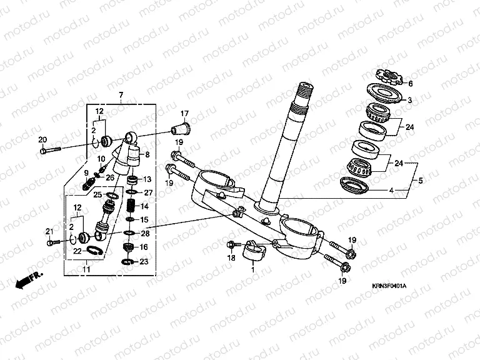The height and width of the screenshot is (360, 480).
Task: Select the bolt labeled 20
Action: [x=51, y=150]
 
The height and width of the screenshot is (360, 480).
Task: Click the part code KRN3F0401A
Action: [x=388, y=286]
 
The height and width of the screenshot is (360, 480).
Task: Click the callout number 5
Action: [x=421, y=181]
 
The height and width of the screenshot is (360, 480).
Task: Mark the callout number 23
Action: [x=144, y=262]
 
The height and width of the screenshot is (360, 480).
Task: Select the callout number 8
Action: [x=147, y=154]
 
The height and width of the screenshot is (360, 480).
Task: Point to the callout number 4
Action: [x=391, y=190]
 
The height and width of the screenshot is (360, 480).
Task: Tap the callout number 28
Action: [x=145, y=233]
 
